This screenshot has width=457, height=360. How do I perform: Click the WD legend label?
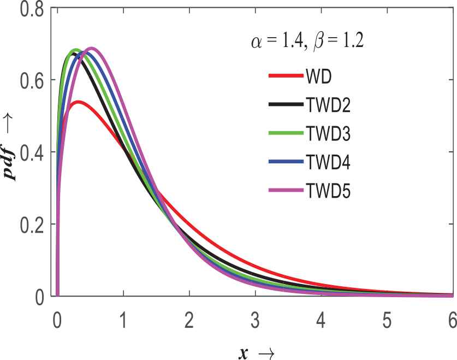coord(319,75)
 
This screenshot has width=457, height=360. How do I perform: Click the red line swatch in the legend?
coord(286,75)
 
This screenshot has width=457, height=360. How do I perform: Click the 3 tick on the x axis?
coord(255,318)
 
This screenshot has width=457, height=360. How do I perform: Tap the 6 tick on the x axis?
coord(452,318)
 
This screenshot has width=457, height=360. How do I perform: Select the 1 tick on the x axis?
coord(123,318)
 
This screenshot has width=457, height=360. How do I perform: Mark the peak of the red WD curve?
coord(78,102)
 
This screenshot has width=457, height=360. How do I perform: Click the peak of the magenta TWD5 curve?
coord(91,48)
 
